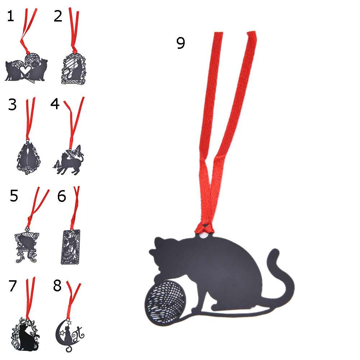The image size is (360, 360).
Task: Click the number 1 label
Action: pyautogui.click(x=10, y=16)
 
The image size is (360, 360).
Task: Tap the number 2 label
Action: pyautogui.click(x=58, y=16)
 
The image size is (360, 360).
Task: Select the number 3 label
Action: pyautogui.click(x=13, y=105)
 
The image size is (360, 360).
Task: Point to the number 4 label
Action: pyautogui.click(x=55, y=103)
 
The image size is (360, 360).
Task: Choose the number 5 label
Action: pyautogui.click(x=14, y=196)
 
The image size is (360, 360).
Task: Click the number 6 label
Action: pyautogui.click(x=61, y=196)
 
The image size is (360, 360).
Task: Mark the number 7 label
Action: pyautogui.click(x=13, y=286)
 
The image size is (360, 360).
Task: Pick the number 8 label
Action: pyautogui.click(x=57, y=286)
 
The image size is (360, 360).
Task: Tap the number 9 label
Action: pyautogui.click(x=181, y=43)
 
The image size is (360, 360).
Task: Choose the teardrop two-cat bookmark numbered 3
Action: pyautogui.click(x=28, y=157)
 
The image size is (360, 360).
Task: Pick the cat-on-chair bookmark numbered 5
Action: pyautogui.click(x=27, y=246)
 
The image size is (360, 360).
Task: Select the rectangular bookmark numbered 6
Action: pyautogui.click(x=70, y=247)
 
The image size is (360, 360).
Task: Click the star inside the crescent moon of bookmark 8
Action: pyautogui.click(x=62, y=332)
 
